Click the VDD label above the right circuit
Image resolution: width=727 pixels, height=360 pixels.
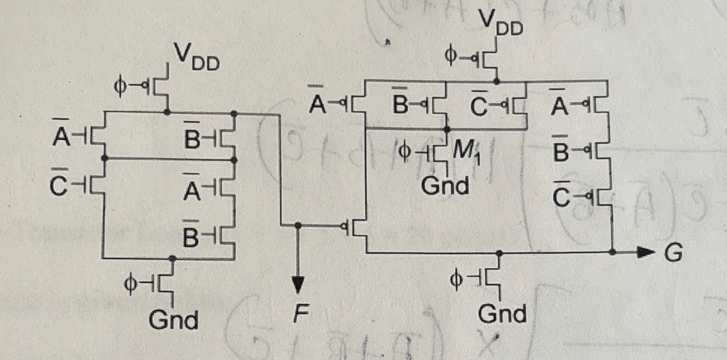click(x=501, y=23)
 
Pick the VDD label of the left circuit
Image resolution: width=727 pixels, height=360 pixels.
click(x=198, y=58)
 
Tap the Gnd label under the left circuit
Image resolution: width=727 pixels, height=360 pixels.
click(x=174, y=320)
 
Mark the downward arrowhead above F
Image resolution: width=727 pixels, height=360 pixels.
click(x=298, y=285)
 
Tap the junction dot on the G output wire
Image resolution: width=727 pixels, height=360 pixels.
click(x=612, y=252)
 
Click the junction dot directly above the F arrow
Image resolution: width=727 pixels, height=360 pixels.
click(x=298, y=225)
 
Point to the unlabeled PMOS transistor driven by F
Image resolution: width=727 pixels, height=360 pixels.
click(x=357, y=227)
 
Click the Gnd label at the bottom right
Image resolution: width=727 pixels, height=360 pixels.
click(x=502, y=314)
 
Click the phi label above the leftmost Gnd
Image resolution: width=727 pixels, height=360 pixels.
click(x=133, y=283)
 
